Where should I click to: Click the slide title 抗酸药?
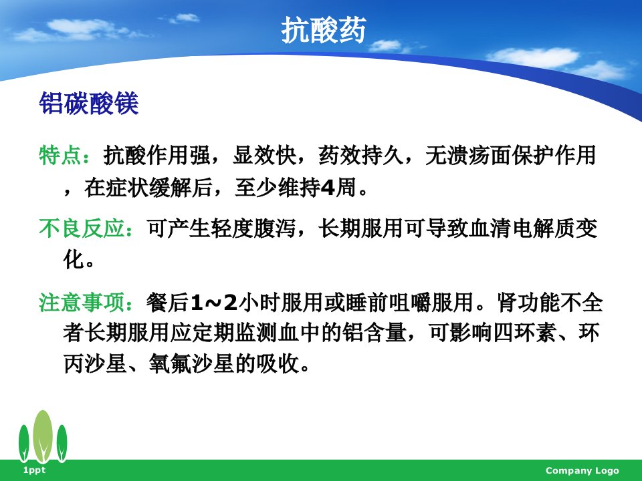click(x=324, y=30)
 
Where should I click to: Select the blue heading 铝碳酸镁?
click(x=89, y=103)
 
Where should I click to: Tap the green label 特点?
click(x=60, y=156)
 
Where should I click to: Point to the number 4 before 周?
click(x=328, y=188)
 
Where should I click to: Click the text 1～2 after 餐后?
click(x=214, y=303)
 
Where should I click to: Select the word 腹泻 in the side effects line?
click(x=274, y=228)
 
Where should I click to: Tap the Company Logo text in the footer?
click(x=582, y=471)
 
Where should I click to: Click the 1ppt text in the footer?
click(x=34, y=470)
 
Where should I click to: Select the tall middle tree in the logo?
click(x=43, y=436)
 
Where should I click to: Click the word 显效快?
click(x=264, y=156)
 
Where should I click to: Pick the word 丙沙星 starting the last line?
click(x=95, y=363)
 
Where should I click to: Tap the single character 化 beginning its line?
click(x=74, y=259)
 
